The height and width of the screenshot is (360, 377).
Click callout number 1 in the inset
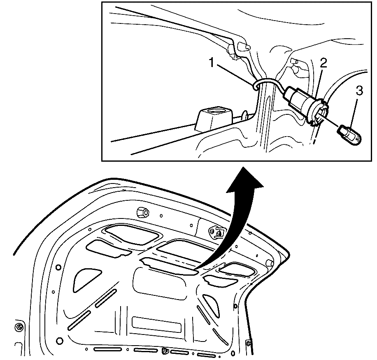point(212,63)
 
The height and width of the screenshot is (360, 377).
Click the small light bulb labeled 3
point(349,135)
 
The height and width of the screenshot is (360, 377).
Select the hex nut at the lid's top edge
point(142,211)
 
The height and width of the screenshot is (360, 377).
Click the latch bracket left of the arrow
point(216,233)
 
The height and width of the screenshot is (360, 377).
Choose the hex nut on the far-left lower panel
point(19,327)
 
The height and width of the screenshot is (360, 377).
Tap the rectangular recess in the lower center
point(156,325)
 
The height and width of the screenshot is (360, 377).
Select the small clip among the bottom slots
point(165,351)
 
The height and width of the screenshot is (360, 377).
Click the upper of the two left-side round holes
point(58,267)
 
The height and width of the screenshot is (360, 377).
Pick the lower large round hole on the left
point(59,341)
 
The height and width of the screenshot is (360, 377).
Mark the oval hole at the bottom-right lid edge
point(233,353)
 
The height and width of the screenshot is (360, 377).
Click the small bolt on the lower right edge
point(248,342)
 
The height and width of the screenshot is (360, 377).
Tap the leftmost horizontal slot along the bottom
point(107,349)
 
